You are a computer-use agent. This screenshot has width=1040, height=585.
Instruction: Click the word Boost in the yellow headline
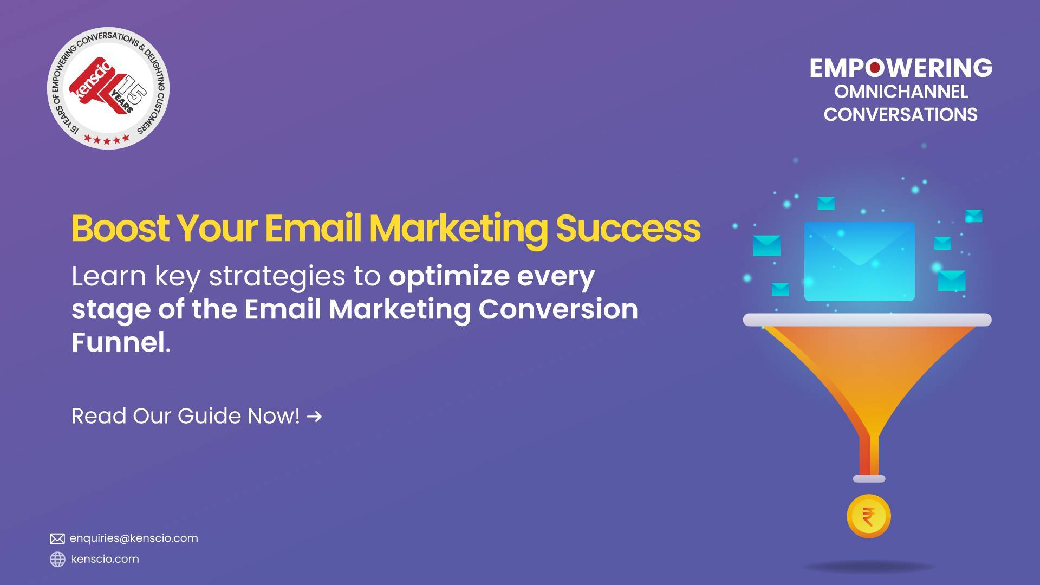pos(120,229)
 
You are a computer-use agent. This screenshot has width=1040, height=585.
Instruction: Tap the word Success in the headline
pos(628,229)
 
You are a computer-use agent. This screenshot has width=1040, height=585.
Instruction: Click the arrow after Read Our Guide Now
pos(314,417)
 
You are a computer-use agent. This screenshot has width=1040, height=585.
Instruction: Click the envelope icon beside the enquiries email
pos(57,538)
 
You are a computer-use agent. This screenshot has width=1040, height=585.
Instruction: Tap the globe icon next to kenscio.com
pos(57,559)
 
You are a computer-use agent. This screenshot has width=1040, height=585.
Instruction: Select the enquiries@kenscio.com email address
pos(134,538)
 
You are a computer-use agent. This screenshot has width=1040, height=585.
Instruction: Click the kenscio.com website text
pos(105,559)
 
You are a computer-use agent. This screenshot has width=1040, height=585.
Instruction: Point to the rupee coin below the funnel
pos(868,516)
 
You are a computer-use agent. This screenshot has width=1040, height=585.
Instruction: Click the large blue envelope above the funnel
pos(859,261)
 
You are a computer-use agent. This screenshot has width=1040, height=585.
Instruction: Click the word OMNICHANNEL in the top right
pos(901,92)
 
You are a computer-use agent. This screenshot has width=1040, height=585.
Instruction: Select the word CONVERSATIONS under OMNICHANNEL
pos(900,115)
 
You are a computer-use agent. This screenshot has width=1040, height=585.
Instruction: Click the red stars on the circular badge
pos(107,140)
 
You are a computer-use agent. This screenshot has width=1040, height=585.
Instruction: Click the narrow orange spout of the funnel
pos(869,455)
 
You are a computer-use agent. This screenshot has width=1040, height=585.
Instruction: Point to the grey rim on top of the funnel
pos(867,320)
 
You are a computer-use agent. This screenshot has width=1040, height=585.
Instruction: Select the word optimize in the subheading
pos(449,277)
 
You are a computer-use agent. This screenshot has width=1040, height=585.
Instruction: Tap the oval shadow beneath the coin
pos(869,567)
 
